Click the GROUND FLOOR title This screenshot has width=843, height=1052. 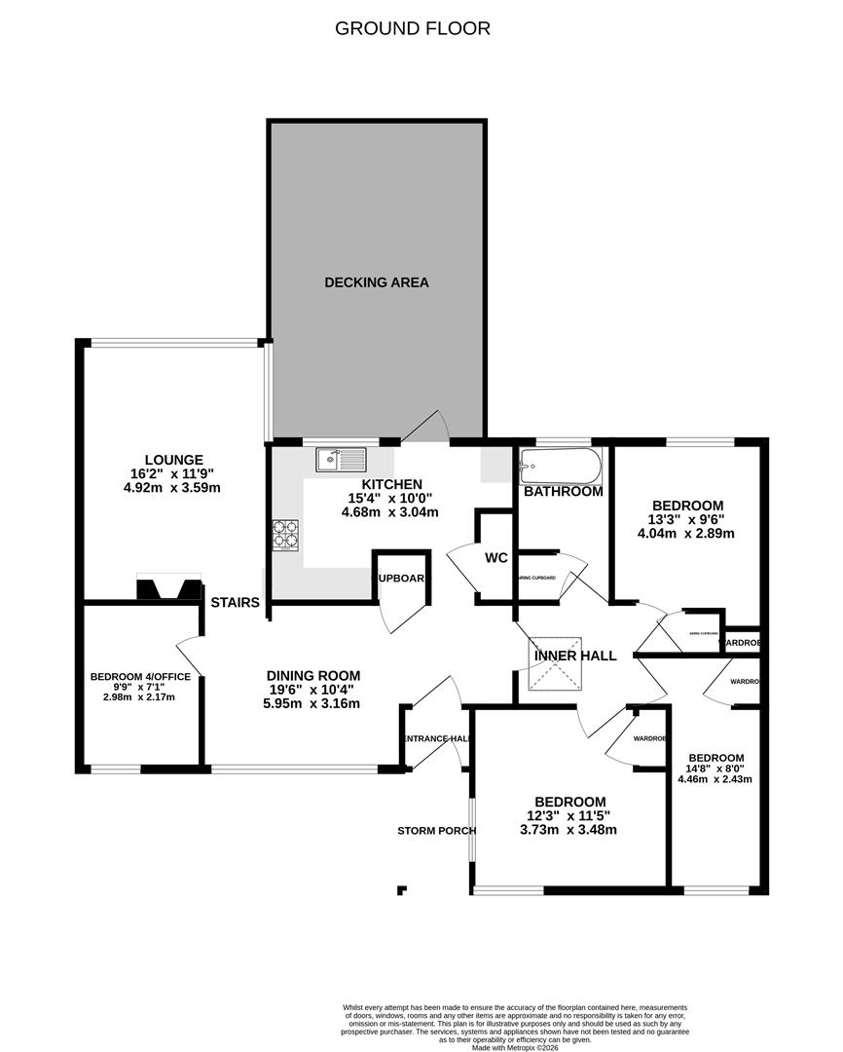click(x=413, y=28)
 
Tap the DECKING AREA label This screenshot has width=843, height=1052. click(x=377, y=282)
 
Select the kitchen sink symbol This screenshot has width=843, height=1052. click(x=340, y=459)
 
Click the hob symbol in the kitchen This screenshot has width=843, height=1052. click(x=285, y=534)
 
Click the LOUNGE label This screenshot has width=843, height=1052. click(x=174, y=460)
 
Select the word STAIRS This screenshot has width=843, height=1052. click(x=236, y=603)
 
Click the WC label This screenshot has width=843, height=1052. click(x=496, y=558)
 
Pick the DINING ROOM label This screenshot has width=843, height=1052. click(x=313, y=675)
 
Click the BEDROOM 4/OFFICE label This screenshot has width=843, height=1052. click(x=140, y=676)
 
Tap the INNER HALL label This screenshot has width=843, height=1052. click(x=575, y=656)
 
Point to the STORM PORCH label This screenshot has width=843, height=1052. click(x=436, y=831)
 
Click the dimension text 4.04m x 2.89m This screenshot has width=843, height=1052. click(x=685, y=533)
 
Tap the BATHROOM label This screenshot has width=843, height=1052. click(x=563, y=492)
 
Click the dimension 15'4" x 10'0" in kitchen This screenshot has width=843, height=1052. click(x=391, y=498)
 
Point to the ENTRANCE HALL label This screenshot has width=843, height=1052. click(x=436, y=739)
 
